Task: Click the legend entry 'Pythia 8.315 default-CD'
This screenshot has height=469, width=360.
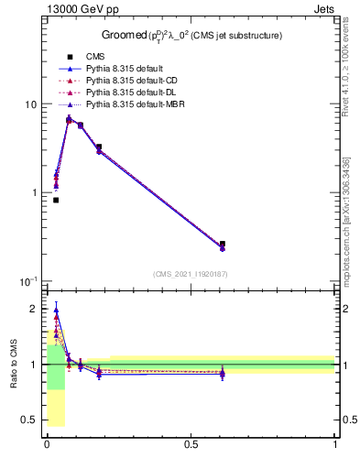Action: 125,81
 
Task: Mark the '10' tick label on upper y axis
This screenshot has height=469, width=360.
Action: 30,104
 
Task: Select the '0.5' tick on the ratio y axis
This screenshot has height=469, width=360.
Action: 28,420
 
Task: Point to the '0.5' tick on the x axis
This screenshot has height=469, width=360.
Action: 191,444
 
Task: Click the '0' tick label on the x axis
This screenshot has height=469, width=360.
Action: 46,444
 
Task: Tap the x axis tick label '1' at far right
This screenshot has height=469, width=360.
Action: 334,444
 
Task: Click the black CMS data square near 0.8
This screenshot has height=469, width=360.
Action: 56,200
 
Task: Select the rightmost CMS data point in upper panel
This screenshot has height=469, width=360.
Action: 223,245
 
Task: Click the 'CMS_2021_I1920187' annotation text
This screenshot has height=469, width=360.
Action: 191,273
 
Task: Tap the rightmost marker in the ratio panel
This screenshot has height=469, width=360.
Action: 223,373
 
